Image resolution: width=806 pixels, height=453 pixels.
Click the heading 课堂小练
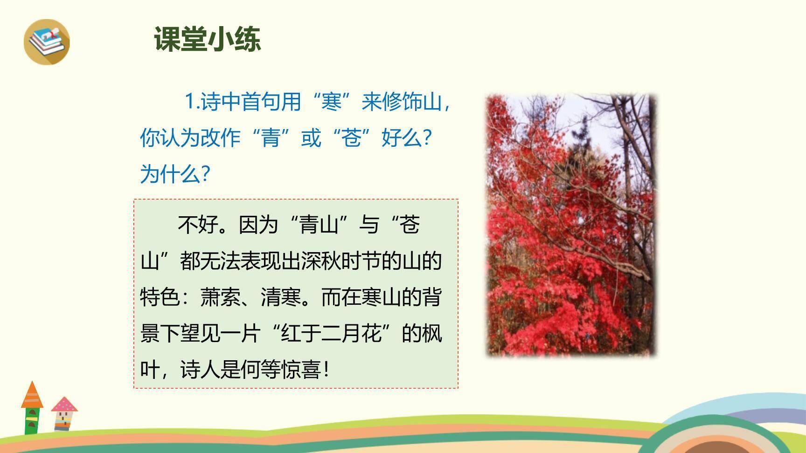(x=207, y=39)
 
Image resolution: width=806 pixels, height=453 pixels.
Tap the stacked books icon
(x=47, y=41)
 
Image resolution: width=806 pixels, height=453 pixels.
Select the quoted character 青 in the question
(x=271, y=138)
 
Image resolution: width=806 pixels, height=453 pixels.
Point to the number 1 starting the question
(x=189, y=102)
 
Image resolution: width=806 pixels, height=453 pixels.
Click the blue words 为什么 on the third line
(x=170, y=174)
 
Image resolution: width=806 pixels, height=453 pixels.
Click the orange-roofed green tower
(x=32, y=407)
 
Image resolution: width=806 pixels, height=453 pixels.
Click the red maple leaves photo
(x=571, y=225)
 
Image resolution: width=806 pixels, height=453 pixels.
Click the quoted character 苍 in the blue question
(x=352, y=138)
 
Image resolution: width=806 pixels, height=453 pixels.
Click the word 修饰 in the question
(x=392, y=102)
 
